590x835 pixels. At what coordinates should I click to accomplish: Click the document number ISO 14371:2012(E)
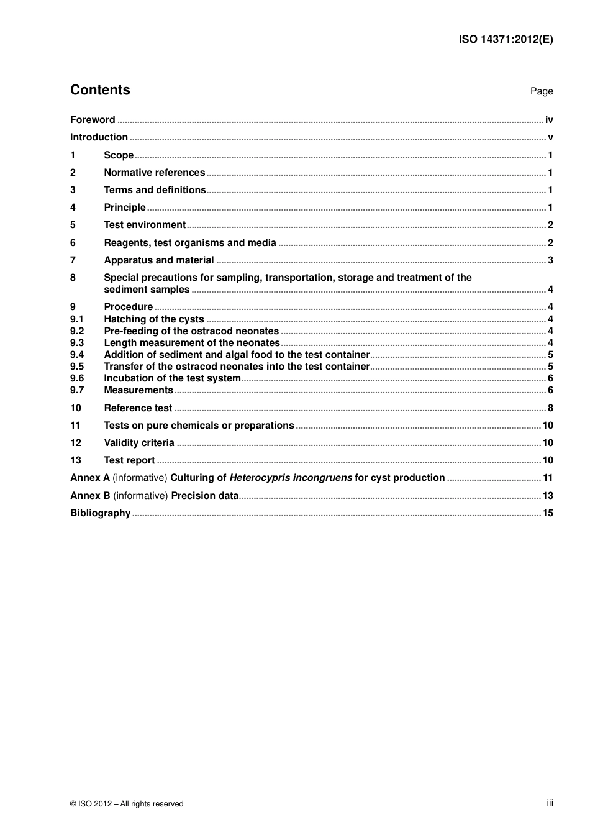(x=506, y=39)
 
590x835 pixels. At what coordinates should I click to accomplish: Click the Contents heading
(x=100, y=90)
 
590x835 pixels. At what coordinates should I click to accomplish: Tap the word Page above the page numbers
(x=541, y=91)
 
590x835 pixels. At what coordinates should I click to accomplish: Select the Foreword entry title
(x=93, y=120)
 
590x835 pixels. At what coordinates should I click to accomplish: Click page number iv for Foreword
(x=549, y=120)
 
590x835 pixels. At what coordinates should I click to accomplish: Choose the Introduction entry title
(x=99, y=137)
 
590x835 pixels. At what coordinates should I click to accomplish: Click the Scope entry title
(x=119, y=155)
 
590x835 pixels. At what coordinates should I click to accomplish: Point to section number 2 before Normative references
(x=73, y=173)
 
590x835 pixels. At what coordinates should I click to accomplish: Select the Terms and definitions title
(x=155, y=190)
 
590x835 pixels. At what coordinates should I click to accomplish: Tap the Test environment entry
(x=145, y=225)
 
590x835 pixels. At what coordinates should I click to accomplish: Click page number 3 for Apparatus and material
(x=550, y=260)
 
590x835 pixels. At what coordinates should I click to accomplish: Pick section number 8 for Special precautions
(x=73, y=278)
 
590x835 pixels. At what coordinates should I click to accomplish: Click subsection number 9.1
(x=76, y=319)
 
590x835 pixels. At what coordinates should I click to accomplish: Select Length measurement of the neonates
(x=192, y=343)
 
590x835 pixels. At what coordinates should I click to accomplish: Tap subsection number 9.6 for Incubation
(x=76, y=378)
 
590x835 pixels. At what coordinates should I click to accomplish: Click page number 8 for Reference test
(x=550, y=408)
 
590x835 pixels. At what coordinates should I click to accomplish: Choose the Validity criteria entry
(x=139, y=443)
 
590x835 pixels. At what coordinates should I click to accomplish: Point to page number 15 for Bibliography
(x=548, y=513)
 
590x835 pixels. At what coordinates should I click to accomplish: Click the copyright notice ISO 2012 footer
(x=127, y=804)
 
